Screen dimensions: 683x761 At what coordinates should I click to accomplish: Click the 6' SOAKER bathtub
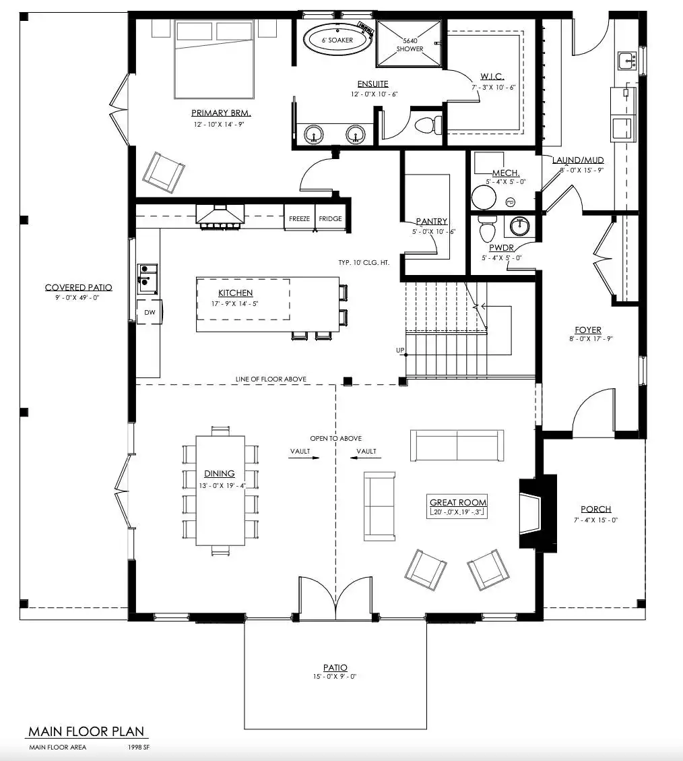(x=335, y=40)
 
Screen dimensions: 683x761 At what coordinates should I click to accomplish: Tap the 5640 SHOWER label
(x=410, y=44)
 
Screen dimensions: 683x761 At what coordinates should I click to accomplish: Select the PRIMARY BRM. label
(x=221, y=113)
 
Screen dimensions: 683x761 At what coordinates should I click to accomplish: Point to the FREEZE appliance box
(x=299, y=218)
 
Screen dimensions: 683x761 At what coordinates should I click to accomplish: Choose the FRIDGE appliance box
(x=330, y=218)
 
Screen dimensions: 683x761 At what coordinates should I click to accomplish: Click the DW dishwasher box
(x=150, y=312)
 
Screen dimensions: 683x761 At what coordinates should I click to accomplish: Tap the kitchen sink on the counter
(x=148, y=278)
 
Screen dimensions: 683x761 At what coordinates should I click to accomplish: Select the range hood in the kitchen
(x=220, y=216)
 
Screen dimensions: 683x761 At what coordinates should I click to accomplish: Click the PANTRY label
(x=431, y=221)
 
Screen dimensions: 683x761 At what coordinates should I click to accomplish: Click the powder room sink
(x=519, y=226)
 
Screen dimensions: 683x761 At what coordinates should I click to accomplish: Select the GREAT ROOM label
(x=458, y=502)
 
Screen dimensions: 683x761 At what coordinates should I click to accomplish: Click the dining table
(x=220, y=490)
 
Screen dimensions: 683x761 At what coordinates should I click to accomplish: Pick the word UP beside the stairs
(x=400, y=351)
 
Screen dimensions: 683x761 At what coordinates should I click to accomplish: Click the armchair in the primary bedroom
(x=164, y=173)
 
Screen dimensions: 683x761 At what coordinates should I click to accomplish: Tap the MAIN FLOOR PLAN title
(x=86, y=731)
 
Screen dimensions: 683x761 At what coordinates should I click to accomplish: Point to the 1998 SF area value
(x=139, y=748)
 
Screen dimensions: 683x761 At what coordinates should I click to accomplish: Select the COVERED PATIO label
(x=79, y=287)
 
